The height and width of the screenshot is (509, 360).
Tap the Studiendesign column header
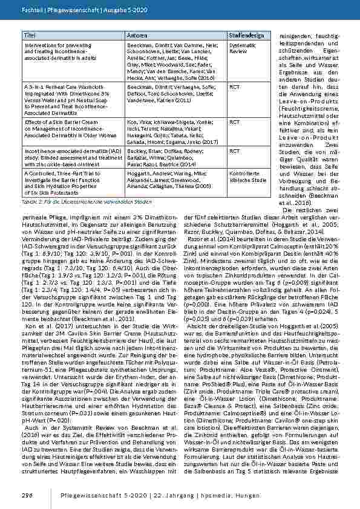pyautogui.click(x=246, y=37)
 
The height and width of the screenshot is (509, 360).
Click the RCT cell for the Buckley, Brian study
pyautogui.click(x=234, y=151)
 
